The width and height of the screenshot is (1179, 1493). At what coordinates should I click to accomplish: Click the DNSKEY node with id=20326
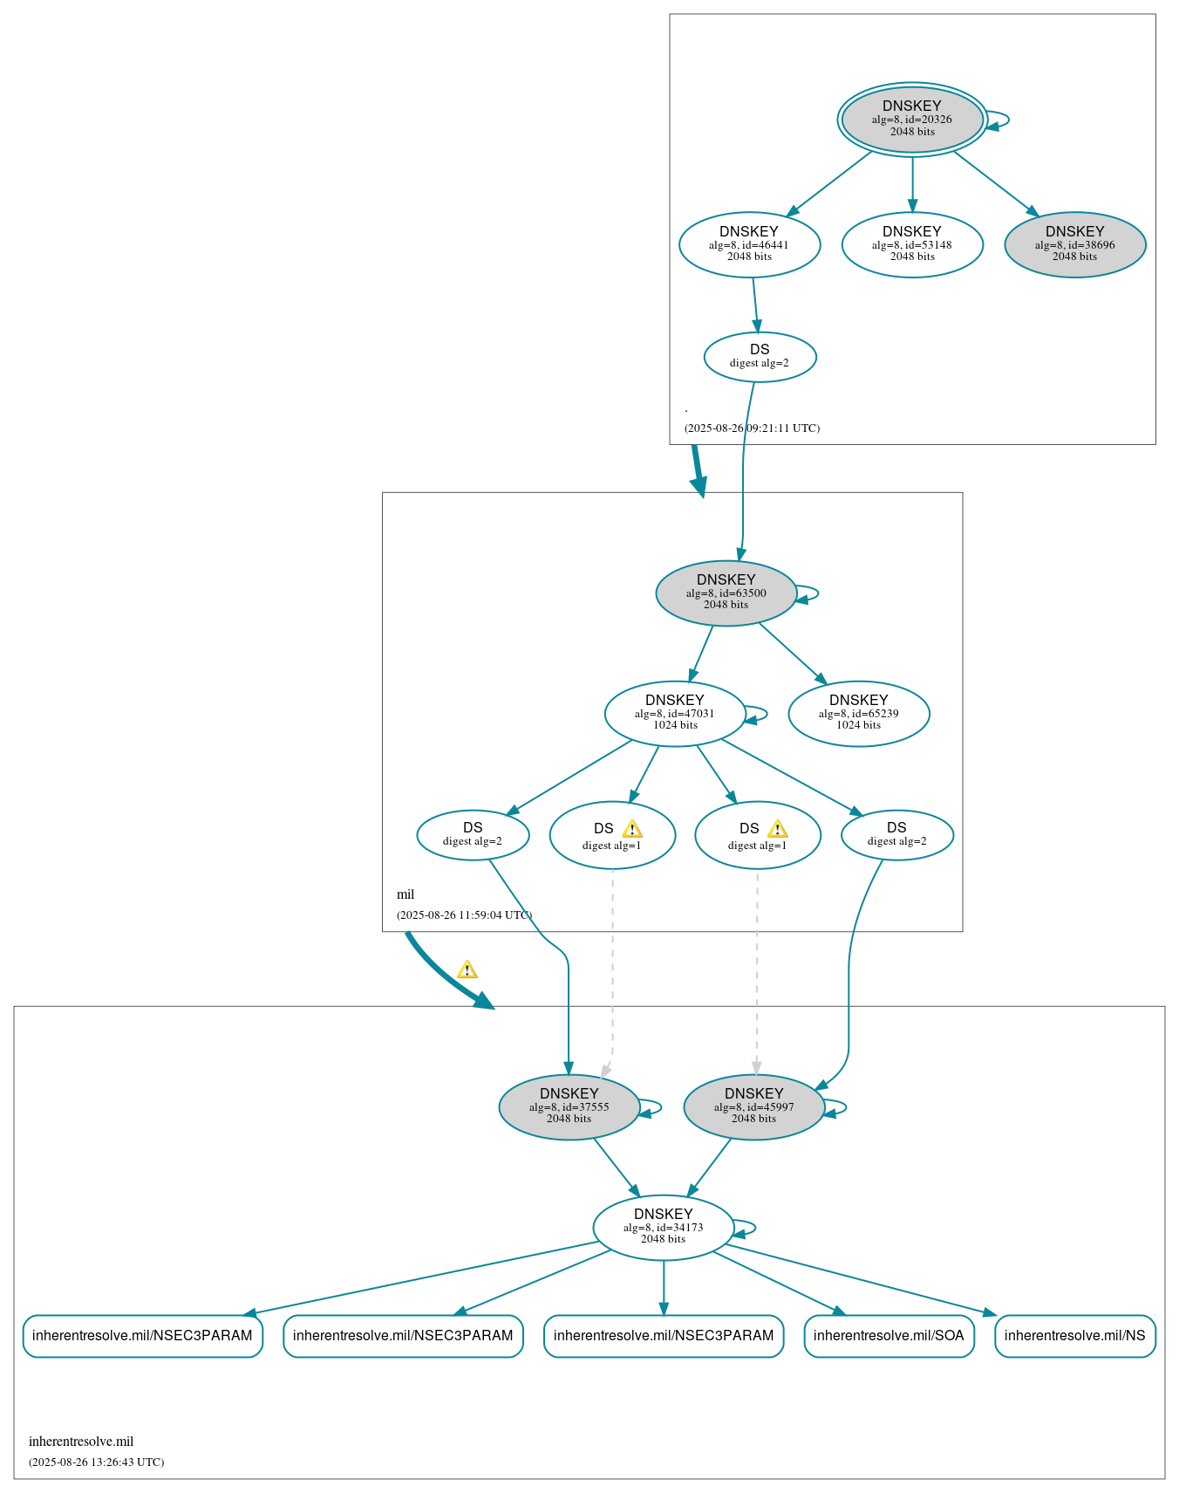[x=912, y=119]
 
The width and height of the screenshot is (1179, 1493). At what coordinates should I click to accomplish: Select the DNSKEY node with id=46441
[x=749, y=244]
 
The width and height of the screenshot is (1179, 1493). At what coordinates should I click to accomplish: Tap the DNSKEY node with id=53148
[x=912, y=244]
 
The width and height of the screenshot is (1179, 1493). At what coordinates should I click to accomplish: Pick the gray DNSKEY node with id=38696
[x=1074, y=244]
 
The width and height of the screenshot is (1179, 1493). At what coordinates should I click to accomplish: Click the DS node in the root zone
[x=760, y=356]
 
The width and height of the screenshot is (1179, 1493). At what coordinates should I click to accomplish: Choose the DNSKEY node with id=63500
[x=726, y=592]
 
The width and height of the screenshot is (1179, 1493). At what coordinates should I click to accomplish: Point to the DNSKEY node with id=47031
[x=674, y=713]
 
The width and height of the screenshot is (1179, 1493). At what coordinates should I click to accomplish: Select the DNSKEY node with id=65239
[x=858, y=713]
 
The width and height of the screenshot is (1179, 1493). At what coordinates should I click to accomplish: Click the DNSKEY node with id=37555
[x=569, y=1106]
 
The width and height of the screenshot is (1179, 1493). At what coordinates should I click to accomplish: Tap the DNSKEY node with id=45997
[x=753, y=1106]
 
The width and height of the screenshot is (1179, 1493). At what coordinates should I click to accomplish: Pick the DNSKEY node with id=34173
[x=663, y=1227]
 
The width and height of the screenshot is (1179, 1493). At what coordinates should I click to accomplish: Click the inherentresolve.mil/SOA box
[x=889, y=1335]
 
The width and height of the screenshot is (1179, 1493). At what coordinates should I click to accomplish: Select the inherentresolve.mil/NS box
[x=1074, y=1335]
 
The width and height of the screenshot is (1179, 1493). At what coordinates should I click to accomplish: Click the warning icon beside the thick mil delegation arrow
[x=467, y=969]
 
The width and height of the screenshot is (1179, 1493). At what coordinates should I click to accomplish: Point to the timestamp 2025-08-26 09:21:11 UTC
[x=752, y=428]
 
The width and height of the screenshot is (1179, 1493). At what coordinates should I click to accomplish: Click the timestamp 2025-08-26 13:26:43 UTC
[x=96, y=1462]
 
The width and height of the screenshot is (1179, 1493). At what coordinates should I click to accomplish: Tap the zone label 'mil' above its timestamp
[x=405, y=894]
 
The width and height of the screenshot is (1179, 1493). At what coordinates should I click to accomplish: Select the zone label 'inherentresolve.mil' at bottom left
[x=81, y=1442]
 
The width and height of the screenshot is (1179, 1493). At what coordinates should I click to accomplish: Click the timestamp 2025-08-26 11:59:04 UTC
[x=464, y=915]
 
